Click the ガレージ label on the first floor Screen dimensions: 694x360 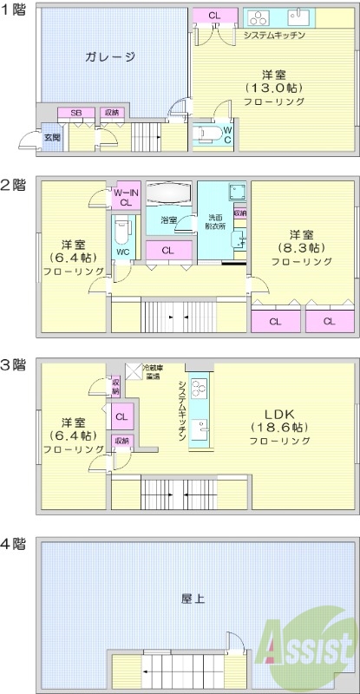tap(110, 57)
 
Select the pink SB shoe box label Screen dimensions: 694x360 tap(76, 113)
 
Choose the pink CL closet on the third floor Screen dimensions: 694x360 tap(121, 416)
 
